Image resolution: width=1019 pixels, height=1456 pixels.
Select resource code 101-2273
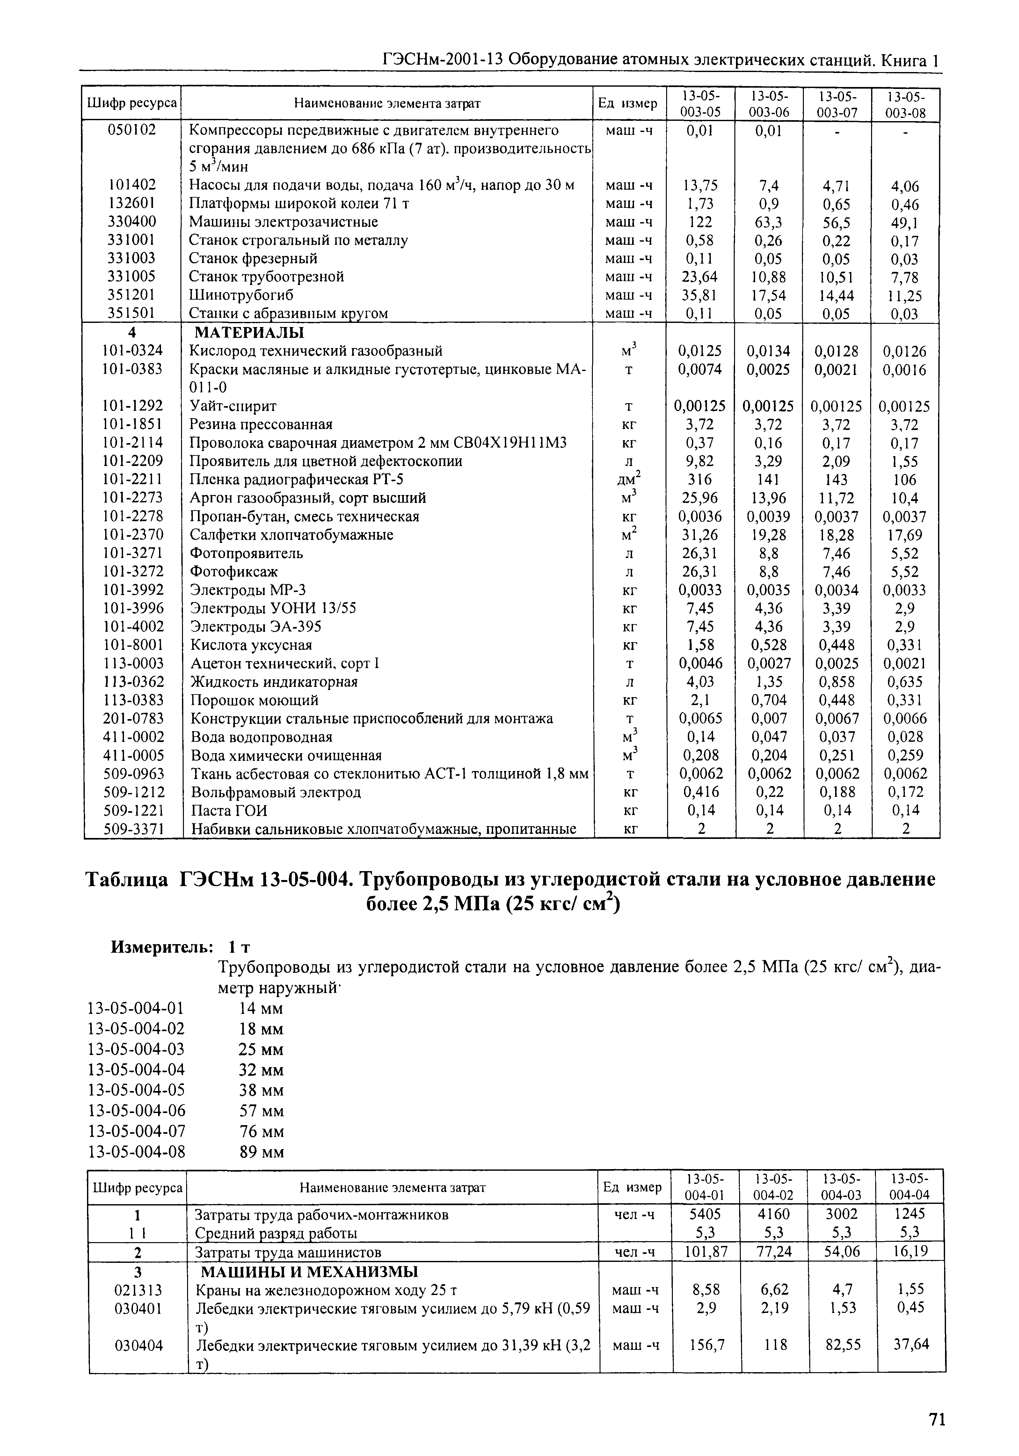[x=133, y=498]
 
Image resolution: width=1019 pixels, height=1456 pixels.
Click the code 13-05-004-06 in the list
[x=136, y=1110]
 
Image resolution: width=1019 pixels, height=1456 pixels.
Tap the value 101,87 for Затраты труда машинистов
[x=704, y=1252]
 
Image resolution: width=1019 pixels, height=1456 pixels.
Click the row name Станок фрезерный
[x=254, y=259]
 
